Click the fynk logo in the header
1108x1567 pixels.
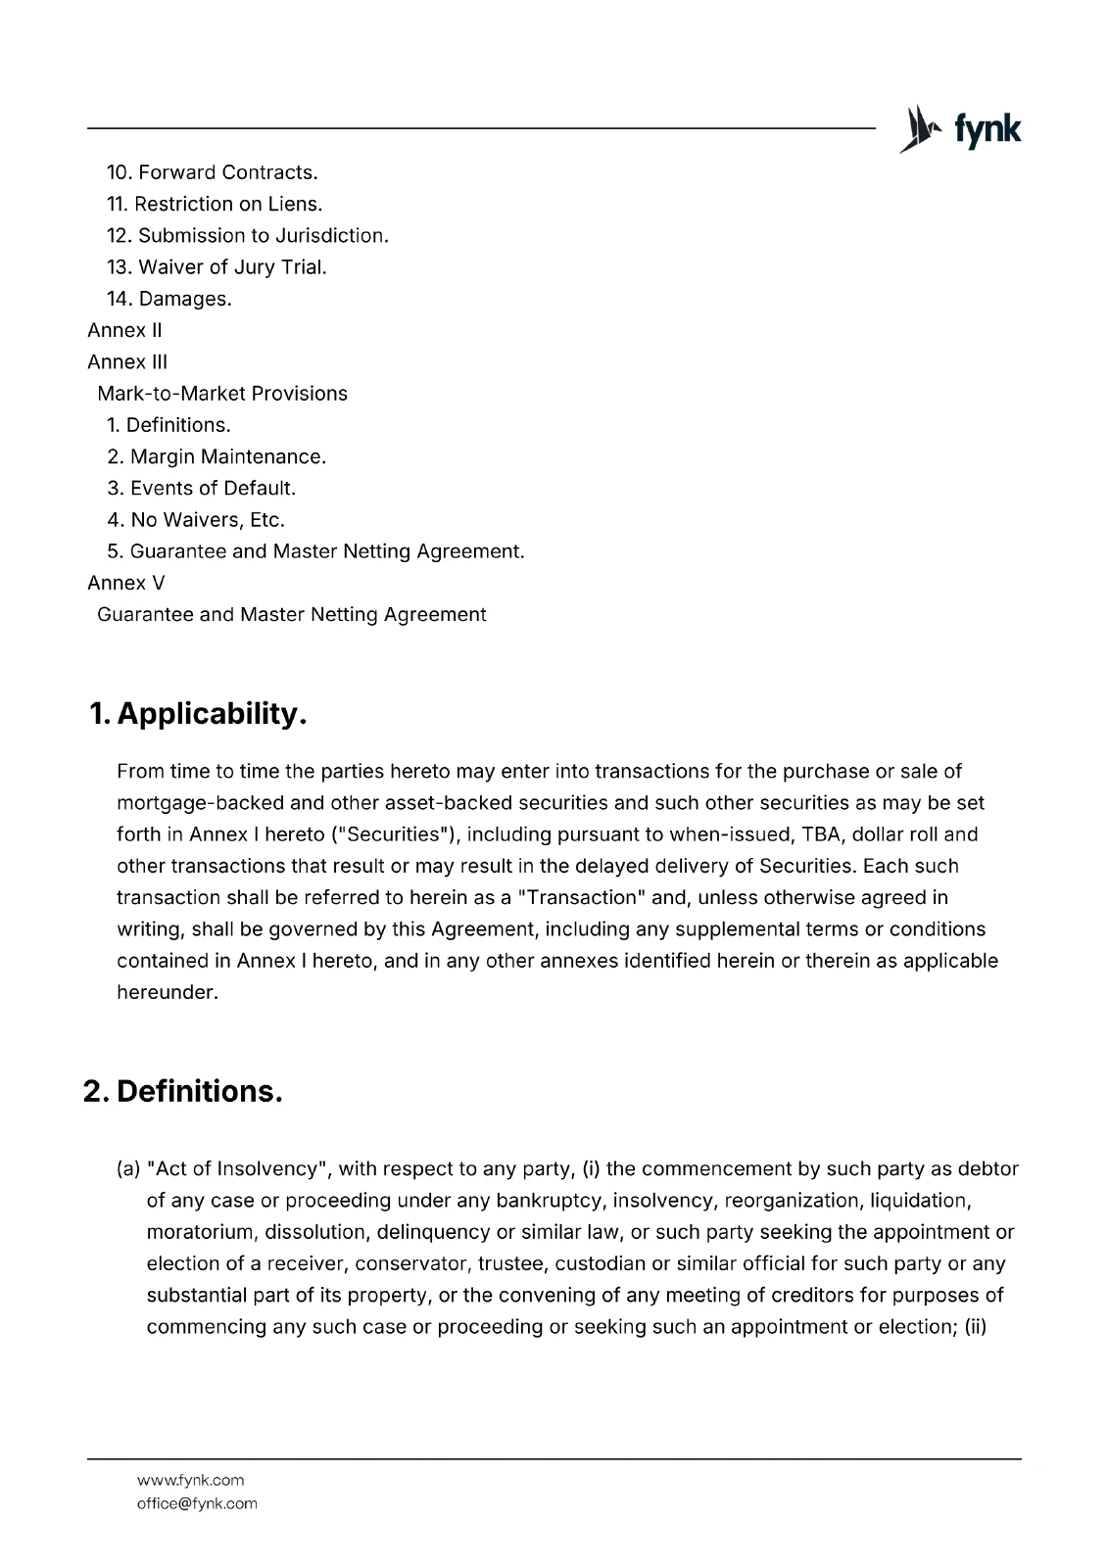point(960,128)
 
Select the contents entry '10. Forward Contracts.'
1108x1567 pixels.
point(213,172)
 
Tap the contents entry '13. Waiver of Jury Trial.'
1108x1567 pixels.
point(217,266)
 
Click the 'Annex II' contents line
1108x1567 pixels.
point(124,330)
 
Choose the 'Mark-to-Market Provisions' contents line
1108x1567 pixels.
point(222,394)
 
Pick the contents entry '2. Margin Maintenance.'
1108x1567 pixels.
point(217,456)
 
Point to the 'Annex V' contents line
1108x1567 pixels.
point(125,583)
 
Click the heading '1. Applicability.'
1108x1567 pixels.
point(198,713)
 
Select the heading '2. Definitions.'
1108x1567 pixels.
point(183,1091)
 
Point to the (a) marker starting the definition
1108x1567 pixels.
point(128,1168)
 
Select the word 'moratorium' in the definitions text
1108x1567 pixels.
point(201,1231)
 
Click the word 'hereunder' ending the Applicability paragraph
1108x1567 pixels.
point(165,992)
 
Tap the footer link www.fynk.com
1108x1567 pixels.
point(190,1480)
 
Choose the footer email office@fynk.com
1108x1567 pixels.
point(197,1503)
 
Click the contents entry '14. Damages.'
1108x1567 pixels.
point(169,299)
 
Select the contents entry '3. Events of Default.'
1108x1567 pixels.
point(201,488)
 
